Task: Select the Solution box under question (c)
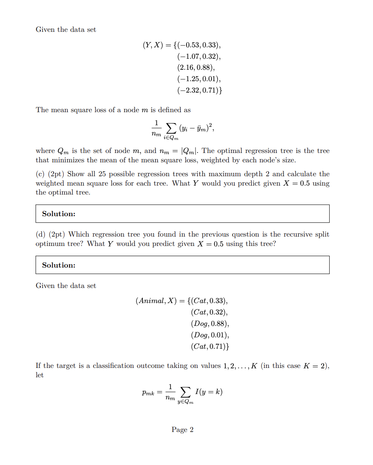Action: pyautogui.click(x=182, y=214)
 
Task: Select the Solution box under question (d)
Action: pyautogui.click(x=182, y=265)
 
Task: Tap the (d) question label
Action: pyautogui.click(x=40, y=235)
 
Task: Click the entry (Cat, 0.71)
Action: pyautogui.click(x=209, y=347)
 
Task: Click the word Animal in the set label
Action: pyautogui.click(x=150, y=301)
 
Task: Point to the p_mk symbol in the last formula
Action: pyautogui.click(x=148, y=393)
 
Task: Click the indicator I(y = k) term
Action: pyautogui.click(x=209, y=392)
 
